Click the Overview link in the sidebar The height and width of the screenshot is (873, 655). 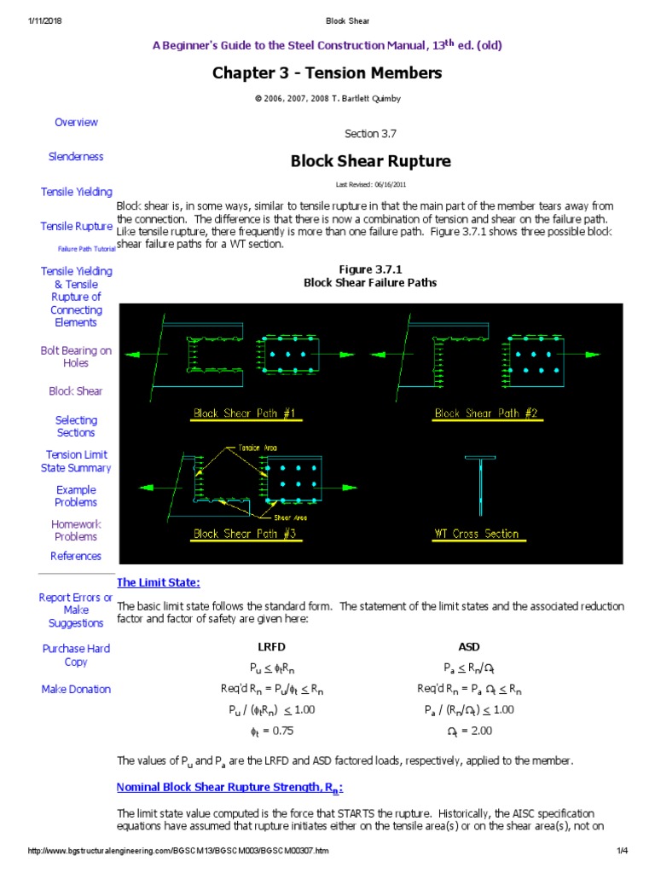coord(76,122)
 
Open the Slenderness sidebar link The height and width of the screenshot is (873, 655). coord(76,156)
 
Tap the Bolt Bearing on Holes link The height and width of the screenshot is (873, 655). coord(76,356)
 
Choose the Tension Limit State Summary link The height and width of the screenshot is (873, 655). coord(76,461)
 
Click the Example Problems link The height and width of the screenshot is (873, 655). coord(76,496)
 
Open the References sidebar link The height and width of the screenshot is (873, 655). coord(76,556)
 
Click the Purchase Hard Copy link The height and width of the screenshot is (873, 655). coord(76,655)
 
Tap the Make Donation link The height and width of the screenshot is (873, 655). coord(76,689)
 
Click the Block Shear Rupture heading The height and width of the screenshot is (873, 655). coord(370,161)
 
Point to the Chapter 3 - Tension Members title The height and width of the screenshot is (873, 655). coord(327,73)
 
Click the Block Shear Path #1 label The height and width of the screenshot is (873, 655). coord(244,413)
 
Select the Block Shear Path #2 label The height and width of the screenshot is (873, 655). coord(485,413)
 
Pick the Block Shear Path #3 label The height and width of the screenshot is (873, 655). coord(244,535)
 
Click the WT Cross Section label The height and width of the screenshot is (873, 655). coord(476,535)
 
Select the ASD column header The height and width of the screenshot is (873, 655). coord(469,646)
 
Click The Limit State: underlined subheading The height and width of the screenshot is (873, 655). coord(158,582)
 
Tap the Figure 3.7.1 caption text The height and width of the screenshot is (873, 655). coord(370,269)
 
